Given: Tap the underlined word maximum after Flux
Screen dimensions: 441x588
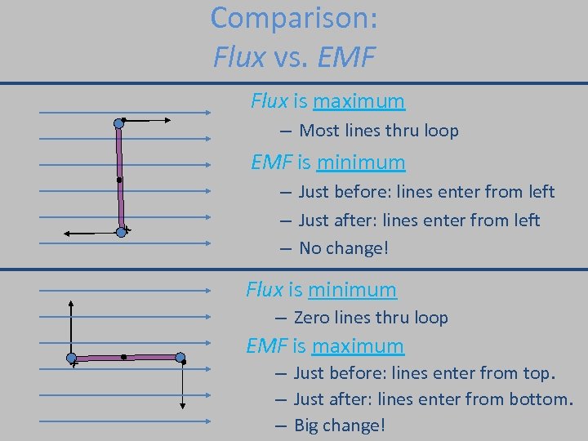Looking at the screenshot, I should pos(359,101).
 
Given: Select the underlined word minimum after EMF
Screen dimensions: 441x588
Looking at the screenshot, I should pos(361,163).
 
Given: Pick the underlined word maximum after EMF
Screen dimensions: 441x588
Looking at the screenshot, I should pos(358,346).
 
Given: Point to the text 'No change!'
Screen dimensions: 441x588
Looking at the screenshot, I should pos(344,247).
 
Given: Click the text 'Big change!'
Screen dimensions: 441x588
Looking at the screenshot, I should pos(339,425).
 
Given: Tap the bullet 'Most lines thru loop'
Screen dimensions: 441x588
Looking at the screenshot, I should pos(379,131).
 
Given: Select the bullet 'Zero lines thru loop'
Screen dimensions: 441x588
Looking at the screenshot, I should pos(371,318).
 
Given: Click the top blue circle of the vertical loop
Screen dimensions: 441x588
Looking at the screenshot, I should pos(118,123).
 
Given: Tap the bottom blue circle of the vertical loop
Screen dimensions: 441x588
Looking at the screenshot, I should pos(121,232).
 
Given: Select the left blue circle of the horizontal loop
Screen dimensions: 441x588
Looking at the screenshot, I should pos(71,358).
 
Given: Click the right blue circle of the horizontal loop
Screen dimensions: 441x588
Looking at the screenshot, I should pos(180,357).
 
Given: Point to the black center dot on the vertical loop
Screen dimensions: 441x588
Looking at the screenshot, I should pos(119,180).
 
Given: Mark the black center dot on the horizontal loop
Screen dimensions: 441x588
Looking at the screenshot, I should pos(123,357).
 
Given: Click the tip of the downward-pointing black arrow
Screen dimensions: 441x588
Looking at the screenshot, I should pos(182,409).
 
